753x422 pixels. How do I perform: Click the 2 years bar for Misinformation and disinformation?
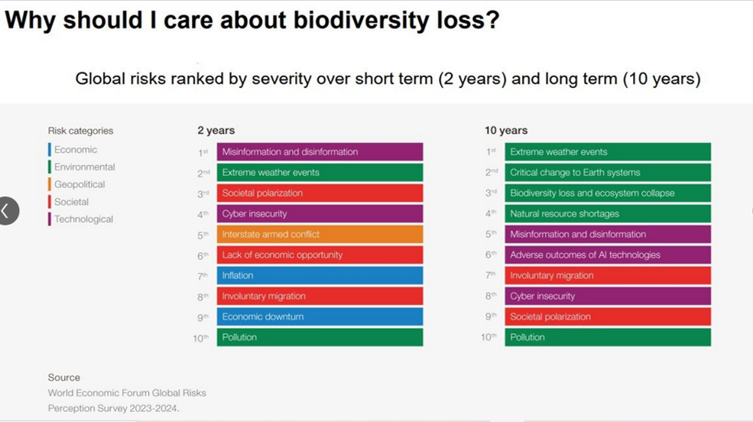(x=320, y=152)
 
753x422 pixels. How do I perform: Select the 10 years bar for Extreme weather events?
(x=607, y=152)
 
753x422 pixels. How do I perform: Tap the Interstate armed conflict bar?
(x=320, y=235)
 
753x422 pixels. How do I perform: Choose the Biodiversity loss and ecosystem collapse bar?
(x=607, y=193)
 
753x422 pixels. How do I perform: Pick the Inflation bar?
(x=320, y=276)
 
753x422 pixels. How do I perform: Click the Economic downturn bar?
(x=320, y=317)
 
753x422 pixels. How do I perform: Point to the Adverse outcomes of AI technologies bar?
(x=607, y=255)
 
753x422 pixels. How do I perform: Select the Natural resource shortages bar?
(x=607, y=214)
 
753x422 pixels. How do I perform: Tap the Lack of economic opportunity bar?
(x=320, y=255)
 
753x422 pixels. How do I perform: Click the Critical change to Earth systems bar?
(x=607, y=173)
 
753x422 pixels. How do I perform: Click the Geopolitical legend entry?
(x=80, y=184)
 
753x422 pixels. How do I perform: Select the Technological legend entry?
(x=83, y=219)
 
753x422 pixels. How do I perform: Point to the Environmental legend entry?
(x=84, y=167)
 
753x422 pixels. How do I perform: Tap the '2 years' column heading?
(x=216, y=131)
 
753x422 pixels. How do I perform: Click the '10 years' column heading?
(x=506, y=131)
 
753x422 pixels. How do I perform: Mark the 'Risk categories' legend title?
(x=80, y=131)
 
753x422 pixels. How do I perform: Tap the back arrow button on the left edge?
(x=7, y=211)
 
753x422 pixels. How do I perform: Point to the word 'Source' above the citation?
(x=64, y=378)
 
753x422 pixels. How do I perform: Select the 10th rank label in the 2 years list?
(x=200, y=338)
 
